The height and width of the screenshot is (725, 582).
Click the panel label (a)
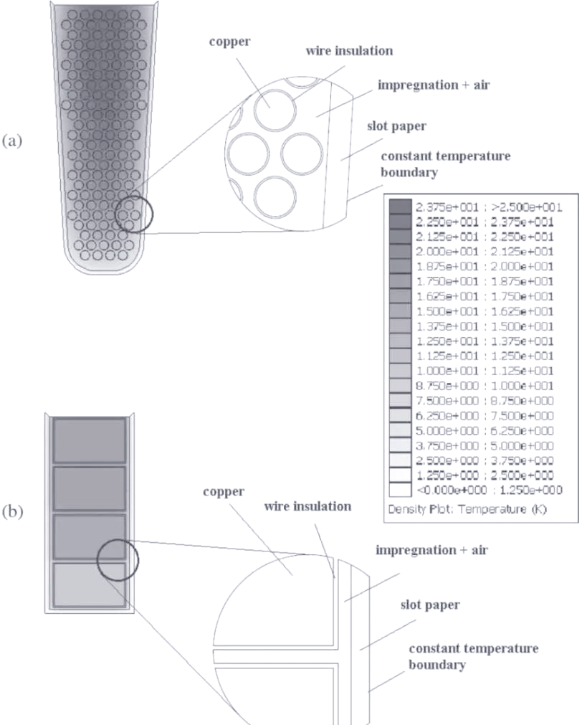tap(12, 141)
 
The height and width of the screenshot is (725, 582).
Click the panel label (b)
tap(12, 512)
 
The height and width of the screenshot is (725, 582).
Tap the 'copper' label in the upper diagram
tap(230, 42)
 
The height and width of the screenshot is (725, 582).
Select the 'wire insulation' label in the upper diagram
tap(349, 50)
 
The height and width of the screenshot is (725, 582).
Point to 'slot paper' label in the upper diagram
tap(396, 126)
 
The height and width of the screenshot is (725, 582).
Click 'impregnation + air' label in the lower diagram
tap(431, 550)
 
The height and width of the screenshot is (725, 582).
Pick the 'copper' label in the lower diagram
tap(224, 491)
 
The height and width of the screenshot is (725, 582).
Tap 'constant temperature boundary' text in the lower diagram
tap(473, 657)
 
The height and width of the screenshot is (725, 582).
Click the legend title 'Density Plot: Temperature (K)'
tap(467, 509)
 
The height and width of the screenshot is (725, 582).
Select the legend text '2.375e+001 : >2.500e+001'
tap(489, 207)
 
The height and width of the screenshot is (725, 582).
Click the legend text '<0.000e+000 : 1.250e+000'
tap(489, 490)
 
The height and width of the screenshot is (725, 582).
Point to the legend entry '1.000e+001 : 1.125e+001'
tap(485, 371)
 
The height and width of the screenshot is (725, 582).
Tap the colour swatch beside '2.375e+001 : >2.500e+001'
tap(400, 207)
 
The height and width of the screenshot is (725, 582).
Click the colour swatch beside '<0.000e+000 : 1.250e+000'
tap(400, 490)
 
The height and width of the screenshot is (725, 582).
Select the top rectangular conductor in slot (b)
tap(89, 440)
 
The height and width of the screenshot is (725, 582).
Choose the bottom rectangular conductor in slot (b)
tap(89, 585)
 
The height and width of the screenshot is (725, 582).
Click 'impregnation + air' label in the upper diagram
tap(434, 85)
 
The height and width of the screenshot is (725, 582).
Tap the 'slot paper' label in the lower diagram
tap(430, 605)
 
